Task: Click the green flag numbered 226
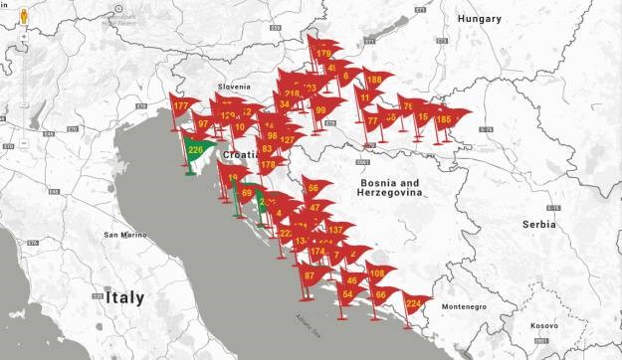pyautogui.click(x=196, y=151)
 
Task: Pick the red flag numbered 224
pyautogui.click(x=414, y=303)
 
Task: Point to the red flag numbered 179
pyautogui.click(x=323, y=54)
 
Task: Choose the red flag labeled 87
pyautogui.click(x=309, y=275)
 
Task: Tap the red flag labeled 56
pyautogui.click(x=312, y=188)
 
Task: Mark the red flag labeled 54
pyautogui.click(x=347, y=294)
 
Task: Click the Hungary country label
pyautogui.click(x=480, y=19)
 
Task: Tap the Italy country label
pyautogui.click(x=121, y=297)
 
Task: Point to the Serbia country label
pyautogui.click(x=538, y=225)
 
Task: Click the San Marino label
pyautogui.click(x=126, y=236)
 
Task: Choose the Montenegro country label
pyautogui.click(x=463, y=306)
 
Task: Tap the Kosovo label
pyautogui.click(x=544, y=325)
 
